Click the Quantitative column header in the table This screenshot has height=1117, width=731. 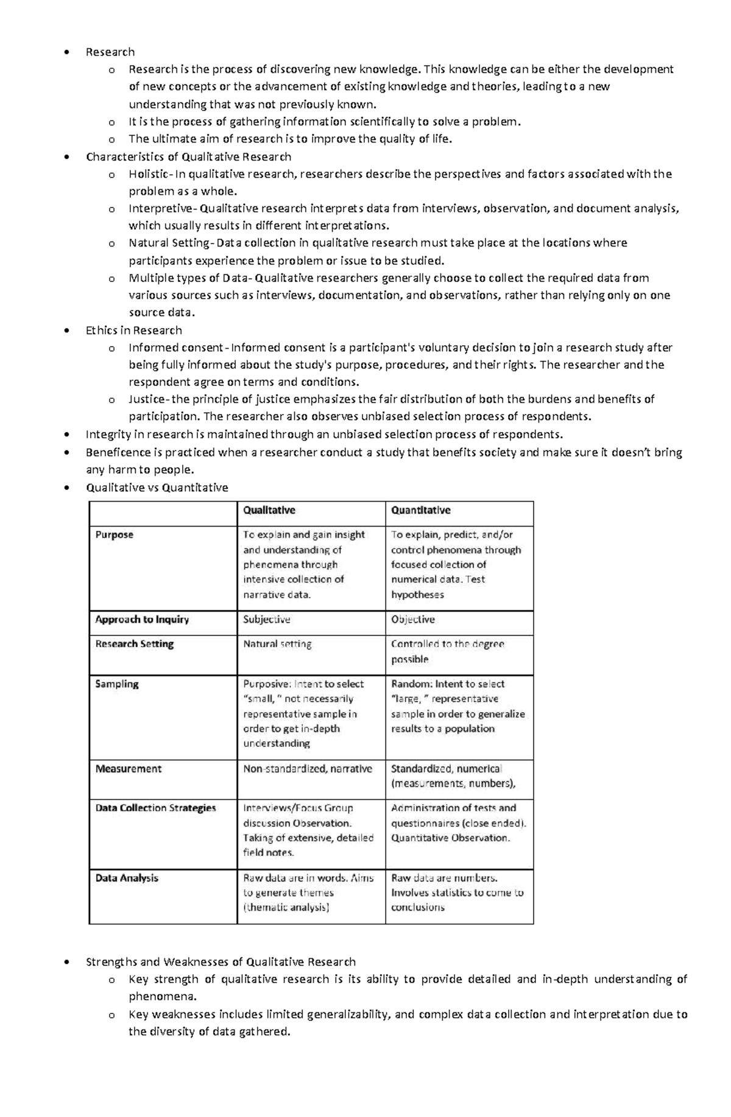pos(420,510)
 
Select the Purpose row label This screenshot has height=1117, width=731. pos(114,534)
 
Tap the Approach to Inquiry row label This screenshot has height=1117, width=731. pos(142,619)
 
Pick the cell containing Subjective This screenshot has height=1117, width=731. pos(266,619)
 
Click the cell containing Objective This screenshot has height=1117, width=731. pos(412,619)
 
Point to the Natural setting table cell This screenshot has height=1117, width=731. pos(277,643)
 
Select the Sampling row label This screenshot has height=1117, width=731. pos(116,684)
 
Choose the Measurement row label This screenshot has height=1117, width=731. pos(128,768)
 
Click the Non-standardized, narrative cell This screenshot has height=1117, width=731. pos(307,768)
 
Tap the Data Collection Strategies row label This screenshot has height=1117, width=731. pos(155,808)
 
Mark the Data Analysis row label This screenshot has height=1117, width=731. pos(126,878)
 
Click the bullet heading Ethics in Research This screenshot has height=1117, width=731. pos(133,331)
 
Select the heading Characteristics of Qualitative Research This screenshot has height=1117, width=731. pos(188,157)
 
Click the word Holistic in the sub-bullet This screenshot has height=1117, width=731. pos(149,174)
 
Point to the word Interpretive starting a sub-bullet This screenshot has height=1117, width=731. pos(160,209)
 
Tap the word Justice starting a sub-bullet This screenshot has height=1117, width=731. pos(146,399)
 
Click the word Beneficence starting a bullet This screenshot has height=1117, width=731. pos(118,452)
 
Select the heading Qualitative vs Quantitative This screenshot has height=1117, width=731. pos(157,488)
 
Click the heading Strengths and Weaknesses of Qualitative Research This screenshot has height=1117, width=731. pos(221,962)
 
